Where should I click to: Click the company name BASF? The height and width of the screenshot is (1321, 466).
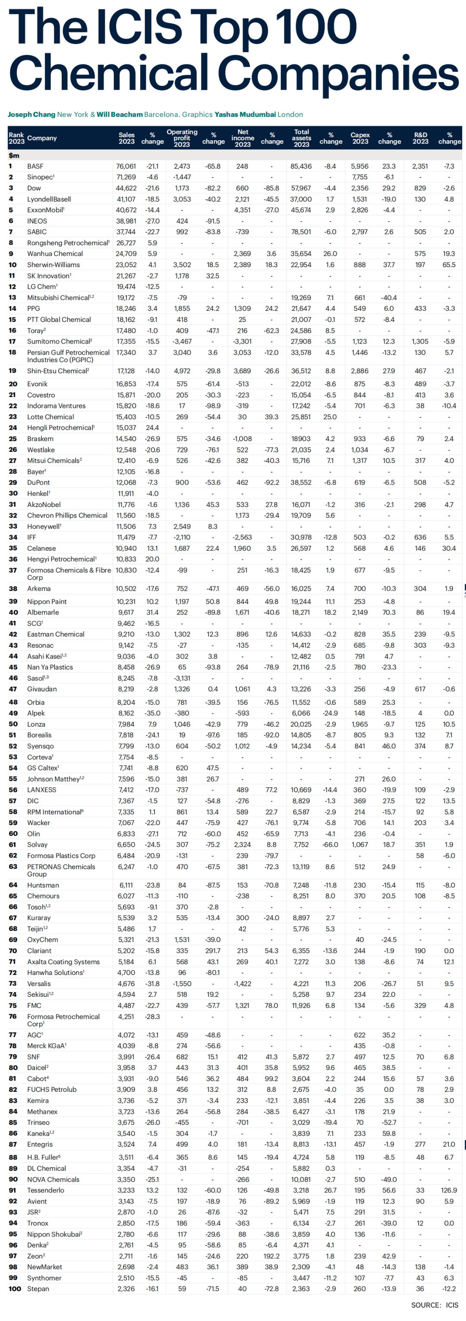[35, 166]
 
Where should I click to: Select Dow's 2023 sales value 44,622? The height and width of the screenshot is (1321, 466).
[126, 188]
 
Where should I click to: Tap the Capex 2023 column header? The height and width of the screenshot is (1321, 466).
[360, 138]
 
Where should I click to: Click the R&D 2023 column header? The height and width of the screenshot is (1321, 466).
[420, 138]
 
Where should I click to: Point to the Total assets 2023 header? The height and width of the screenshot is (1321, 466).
[302, 138]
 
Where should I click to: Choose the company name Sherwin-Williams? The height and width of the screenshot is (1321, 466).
[54, 265]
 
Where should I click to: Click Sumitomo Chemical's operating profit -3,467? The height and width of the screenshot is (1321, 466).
[182, 341]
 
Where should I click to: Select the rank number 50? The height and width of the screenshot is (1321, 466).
[13, 724]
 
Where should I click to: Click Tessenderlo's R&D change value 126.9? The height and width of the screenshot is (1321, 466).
[449, 1190]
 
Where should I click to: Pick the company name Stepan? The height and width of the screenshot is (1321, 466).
[38, 1289]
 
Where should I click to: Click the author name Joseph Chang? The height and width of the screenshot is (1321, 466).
[31, 114]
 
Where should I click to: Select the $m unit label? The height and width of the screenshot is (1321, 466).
[14, 155]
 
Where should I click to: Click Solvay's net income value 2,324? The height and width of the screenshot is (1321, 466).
[242, 845]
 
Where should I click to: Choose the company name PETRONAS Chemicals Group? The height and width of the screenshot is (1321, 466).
[61, 870]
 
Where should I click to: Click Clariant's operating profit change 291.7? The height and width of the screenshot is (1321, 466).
[213, 951]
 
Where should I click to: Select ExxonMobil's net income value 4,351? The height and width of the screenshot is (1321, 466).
[242, 210]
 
